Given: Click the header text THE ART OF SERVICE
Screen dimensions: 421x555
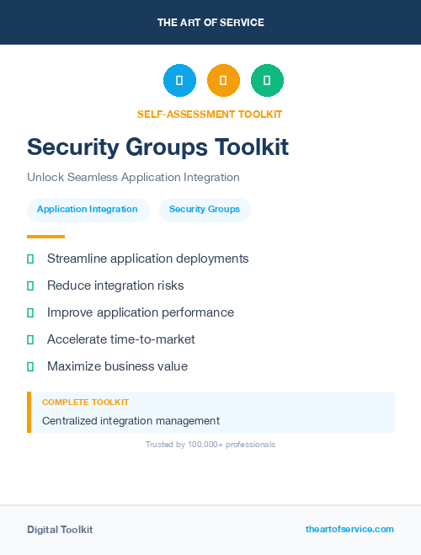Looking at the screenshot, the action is tap(210, 23).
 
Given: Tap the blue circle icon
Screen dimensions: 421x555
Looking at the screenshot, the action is tap(179, 81).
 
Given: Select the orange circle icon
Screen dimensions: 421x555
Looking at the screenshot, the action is tap(223, 81).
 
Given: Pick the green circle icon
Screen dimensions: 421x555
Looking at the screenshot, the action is tap(267, 81).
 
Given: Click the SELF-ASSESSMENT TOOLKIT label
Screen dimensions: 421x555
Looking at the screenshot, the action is tap(210, 114).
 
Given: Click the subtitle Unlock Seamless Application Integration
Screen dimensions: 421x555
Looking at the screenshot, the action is tap(133, 178).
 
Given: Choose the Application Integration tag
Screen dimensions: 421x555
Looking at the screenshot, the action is tap(88, 210).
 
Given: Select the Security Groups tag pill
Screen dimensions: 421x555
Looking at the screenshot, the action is tap(205, 210).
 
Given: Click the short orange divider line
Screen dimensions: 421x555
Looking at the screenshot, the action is tap(45, 237).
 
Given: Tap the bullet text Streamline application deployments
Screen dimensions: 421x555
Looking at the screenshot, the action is tap(147, 259).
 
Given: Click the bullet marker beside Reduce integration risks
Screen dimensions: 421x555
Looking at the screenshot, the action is tap(30, 286).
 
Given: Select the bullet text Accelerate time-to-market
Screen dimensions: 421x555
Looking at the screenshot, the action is tap(120, 339).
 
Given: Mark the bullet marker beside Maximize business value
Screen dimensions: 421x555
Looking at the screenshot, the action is tap(30, 366).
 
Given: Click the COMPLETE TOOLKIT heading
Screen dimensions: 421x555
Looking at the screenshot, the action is tap(85, 403).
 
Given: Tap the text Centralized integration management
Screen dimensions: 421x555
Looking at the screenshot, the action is tap(131, 420).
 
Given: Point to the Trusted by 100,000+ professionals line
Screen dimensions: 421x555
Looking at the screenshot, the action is tap(210, 444).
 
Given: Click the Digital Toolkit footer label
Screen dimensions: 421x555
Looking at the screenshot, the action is tap(60, 530).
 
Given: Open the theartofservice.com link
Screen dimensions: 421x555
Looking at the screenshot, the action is tap(349, 529).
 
